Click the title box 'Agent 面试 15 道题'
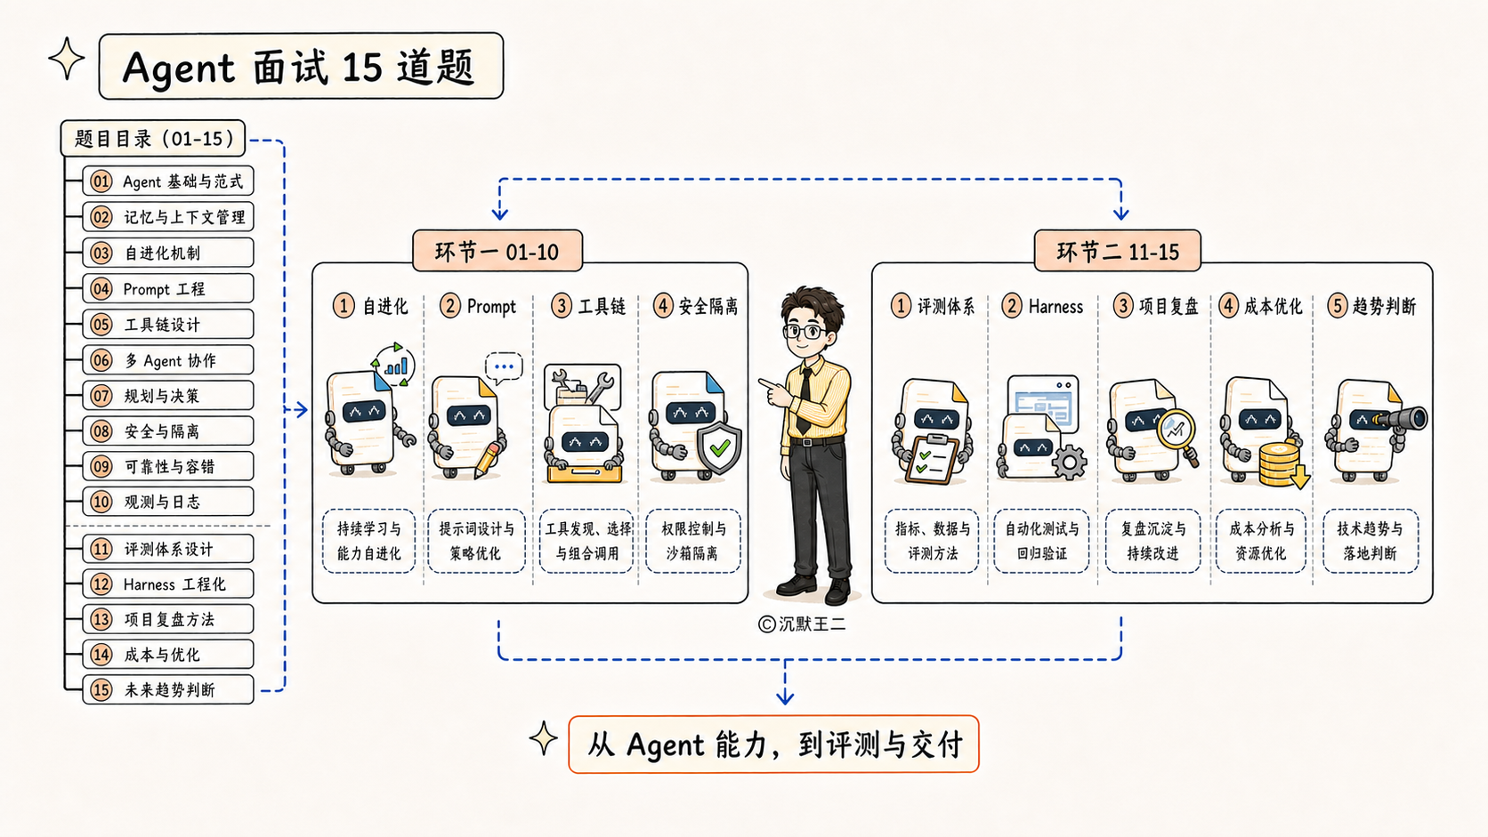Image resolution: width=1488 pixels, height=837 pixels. coord(301,66)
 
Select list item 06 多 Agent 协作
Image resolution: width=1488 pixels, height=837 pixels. coord(168,359)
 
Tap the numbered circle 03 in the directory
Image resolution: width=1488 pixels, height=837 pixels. coord(101,253)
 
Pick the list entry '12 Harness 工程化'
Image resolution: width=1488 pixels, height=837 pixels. coord(168,583)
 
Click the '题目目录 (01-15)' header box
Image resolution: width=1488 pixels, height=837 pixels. coord(153,138)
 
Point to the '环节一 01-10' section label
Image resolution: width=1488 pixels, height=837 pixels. coord(497,251)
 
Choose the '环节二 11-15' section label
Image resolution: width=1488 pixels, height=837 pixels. coord(1117,251)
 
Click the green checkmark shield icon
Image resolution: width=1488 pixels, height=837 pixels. coord(719,448)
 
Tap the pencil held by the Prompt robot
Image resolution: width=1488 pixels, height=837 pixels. coord(486,460)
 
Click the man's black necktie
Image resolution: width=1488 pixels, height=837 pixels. coord(804,400)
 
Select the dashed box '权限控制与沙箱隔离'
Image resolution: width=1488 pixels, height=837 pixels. coord(693,541)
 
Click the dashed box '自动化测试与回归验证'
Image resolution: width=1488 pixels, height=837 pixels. coord(1041,541)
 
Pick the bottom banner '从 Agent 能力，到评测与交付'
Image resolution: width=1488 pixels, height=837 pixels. coord(774,744)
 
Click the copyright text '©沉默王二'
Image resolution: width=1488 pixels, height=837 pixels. coord(802,624)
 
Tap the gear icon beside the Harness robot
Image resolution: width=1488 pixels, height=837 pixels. coord(1070,463)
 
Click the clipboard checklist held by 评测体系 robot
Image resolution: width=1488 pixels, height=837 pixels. coord(933,459)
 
